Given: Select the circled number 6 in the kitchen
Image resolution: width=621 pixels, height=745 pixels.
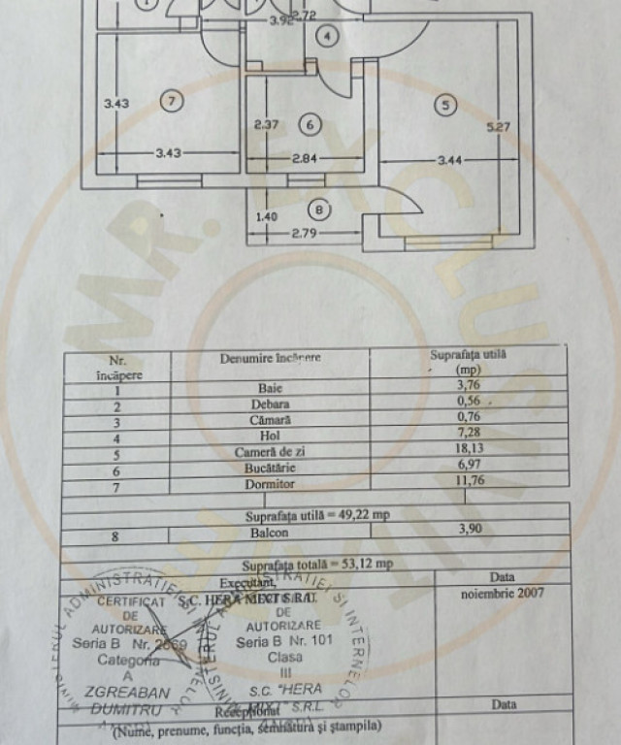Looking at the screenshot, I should click(310, 124).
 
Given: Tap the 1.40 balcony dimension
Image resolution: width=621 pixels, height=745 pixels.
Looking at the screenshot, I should click(266, 217).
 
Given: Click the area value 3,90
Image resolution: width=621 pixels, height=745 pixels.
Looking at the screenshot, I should click(472, 529).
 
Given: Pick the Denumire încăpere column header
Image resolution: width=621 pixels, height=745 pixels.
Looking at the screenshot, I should click(270, 358).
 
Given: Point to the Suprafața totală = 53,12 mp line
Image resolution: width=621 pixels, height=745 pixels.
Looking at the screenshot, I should click(316, 563).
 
